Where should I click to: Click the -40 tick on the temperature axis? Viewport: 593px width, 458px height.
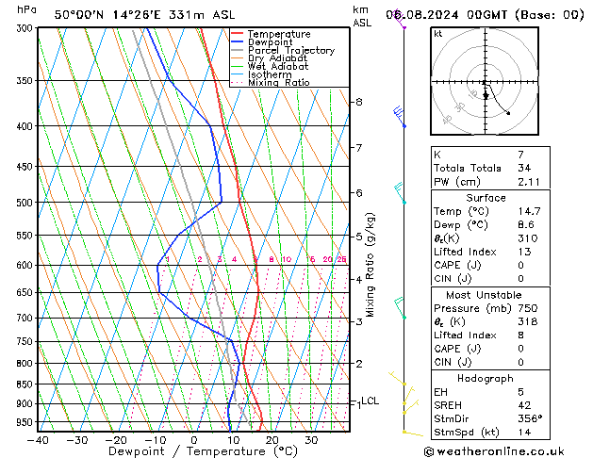(x=38, y=440)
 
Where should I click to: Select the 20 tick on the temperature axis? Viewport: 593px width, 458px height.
(x=272, y=440)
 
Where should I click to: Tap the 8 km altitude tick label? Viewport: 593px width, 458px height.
(x=358, y=102)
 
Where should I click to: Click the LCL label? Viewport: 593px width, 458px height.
(x=371, y=401)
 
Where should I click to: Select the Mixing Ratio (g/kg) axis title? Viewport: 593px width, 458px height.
(x=371, y=265)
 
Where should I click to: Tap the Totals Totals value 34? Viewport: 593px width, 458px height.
(x=525, y=168)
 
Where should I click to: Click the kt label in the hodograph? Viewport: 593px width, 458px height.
(x=438, y=34)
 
